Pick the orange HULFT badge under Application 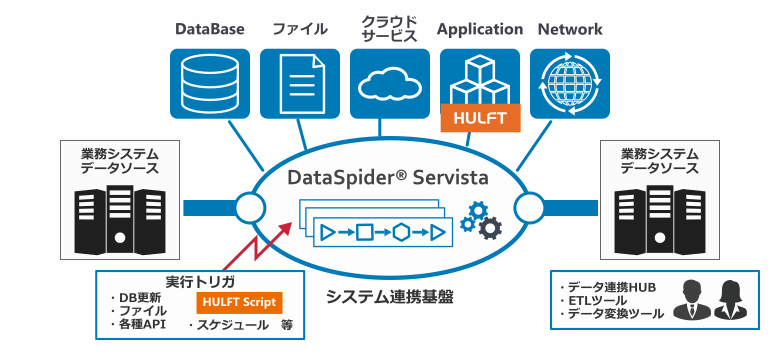click(480, 119)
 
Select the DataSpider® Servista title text click(387, 179)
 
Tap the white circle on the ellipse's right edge click(527, 208)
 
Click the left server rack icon click(119, 215)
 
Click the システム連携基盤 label click(389, 298)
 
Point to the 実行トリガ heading click(199, 282)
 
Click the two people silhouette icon click(711, 299)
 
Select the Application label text click(480, 29)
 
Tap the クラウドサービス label click(389, 29)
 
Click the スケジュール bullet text click(228, 325)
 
